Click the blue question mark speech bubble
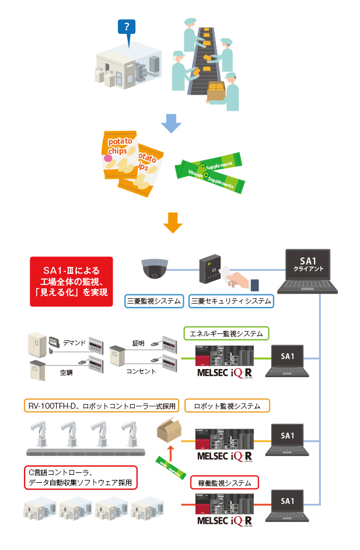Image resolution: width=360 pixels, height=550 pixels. pyautogui.click(x=127, y=27)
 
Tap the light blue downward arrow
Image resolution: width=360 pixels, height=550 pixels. pyautogui.click(x=170, y=120)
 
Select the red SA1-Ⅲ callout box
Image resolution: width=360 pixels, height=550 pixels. pyautogui.click(x=71, y=281)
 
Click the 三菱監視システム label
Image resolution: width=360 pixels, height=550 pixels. pyautogui.click(x=155, y=301)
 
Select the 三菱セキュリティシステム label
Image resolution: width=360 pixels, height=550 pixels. pyautogui.click(x=231, y=301)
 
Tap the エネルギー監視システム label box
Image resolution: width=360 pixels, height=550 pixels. pyautogui.click(x=226, y=334)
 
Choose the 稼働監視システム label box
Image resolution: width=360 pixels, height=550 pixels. pyautogui.click(x=225, y=483)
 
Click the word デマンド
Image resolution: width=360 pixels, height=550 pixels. pyautogui.click(x=74, y=343)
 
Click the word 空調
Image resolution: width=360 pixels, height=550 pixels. pyautogui.click(x=66, y=371)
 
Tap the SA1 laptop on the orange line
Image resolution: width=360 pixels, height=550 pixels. pyautogui.click(x=288, y=439)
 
